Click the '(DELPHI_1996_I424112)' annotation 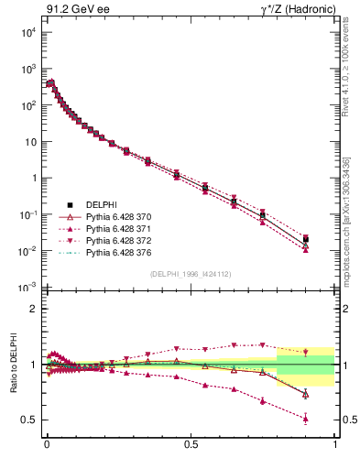click(x=190, y=273)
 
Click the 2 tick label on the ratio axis click(x=34, y=309)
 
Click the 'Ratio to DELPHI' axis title click(x=14, y=364)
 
